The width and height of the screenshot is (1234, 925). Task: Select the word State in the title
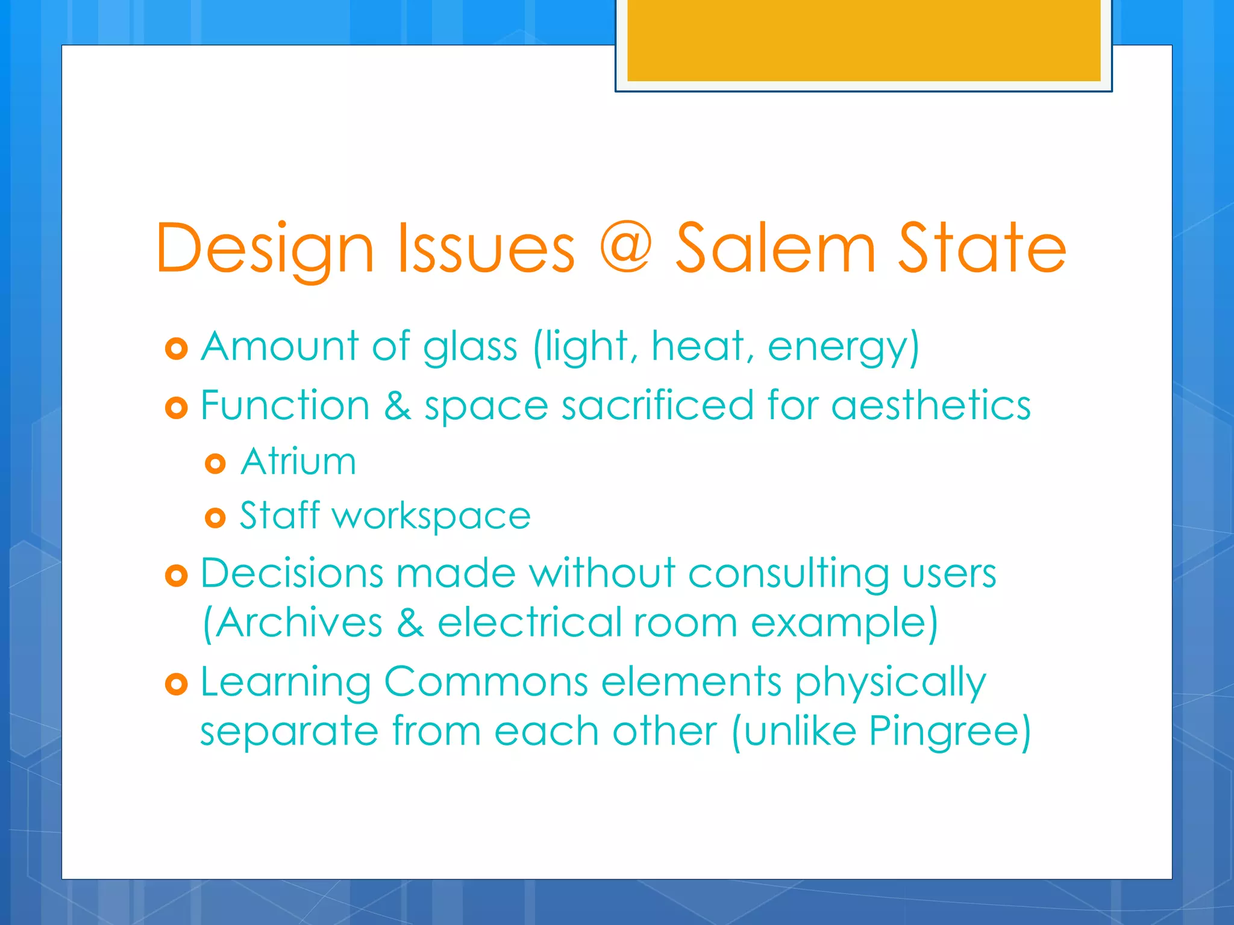[982, 249]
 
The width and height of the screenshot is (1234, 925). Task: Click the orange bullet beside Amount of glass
[177, 349]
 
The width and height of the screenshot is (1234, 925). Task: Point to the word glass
[470, 347]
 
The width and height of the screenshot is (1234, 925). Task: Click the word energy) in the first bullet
[844, 347]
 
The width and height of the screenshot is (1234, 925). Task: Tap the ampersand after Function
[398, 405]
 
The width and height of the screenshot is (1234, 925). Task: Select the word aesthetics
[931, 405]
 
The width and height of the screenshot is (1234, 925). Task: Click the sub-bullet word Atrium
[298, 462]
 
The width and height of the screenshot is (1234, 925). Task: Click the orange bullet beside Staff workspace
[215, 517]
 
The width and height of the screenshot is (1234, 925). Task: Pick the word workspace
[431, 517]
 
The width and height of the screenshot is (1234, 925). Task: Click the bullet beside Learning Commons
[177, 684]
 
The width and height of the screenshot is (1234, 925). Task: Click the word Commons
[486, 682]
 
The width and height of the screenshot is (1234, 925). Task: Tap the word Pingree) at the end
[950, 732]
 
